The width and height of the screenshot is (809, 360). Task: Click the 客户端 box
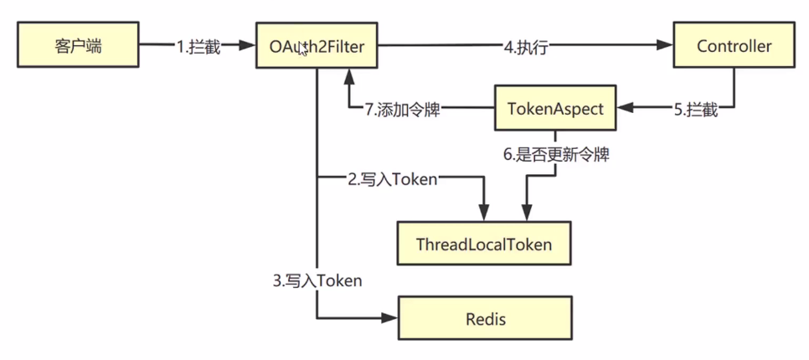pos(77,46)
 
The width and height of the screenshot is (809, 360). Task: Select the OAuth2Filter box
pos(317,46)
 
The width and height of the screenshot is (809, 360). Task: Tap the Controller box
pos(734,46)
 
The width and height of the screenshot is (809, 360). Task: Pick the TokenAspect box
pos(554,107)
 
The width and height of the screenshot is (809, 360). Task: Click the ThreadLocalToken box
pos(483,244)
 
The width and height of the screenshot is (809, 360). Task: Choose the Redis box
pos(484,318)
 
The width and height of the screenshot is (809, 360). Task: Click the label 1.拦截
pos(198,47)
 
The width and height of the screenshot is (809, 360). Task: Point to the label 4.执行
pos(525,47)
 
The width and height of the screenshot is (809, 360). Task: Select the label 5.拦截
pos(695,109)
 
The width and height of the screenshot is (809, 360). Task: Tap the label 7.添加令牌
pos(403,109)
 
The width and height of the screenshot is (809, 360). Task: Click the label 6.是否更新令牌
pos(554,155)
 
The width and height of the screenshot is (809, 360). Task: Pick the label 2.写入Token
pos(392,178)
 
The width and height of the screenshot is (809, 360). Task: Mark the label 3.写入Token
pos(317,280)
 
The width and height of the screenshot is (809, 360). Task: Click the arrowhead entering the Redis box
pos(390,318)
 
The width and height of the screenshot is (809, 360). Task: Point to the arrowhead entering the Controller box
pos(667,46)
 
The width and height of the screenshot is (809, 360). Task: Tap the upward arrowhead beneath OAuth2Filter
pos(348,77)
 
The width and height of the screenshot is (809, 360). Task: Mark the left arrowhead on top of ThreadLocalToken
pos(483,215)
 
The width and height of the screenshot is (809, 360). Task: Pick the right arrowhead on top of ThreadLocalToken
pos(526,215)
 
